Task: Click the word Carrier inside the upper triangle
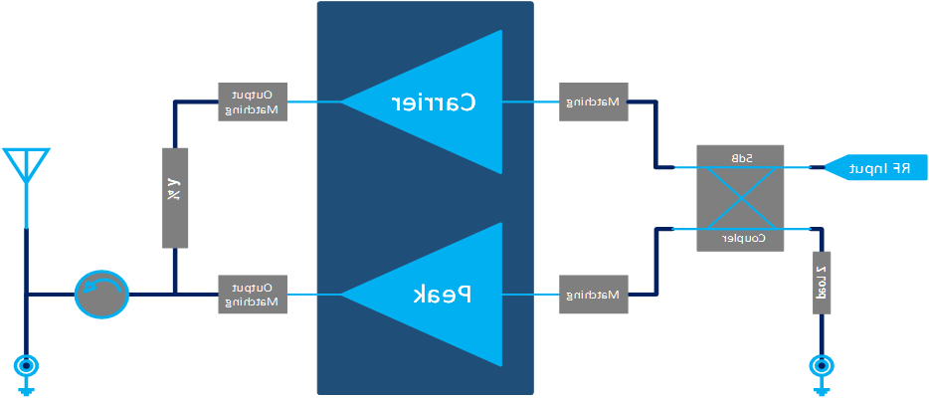point(434,101)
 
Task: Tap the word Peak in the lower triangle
point(442,295)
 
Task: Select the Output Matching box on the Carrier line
point(252,101)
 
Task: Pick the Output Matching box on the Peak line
point(252,295)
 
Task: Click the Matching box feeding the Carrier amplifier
point(593,101)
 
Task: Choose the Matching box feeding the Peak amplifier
point(593,295)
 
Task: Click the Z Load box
point(822,283)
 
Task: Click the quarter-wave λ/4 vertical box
point(174,197)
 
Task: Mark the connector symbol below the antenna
point(26,368)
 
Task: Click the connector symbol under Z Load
point(822,368)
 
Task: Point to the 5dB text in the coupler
point(740,157)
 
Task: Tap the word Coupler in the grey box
point(740,239)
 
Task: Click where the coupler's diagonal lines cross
point(740,198)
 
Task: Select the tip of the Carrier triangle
point(344,101)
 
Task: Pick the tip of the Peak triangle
point(344,295)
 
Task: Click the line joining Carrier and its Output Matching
point(315,101)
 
